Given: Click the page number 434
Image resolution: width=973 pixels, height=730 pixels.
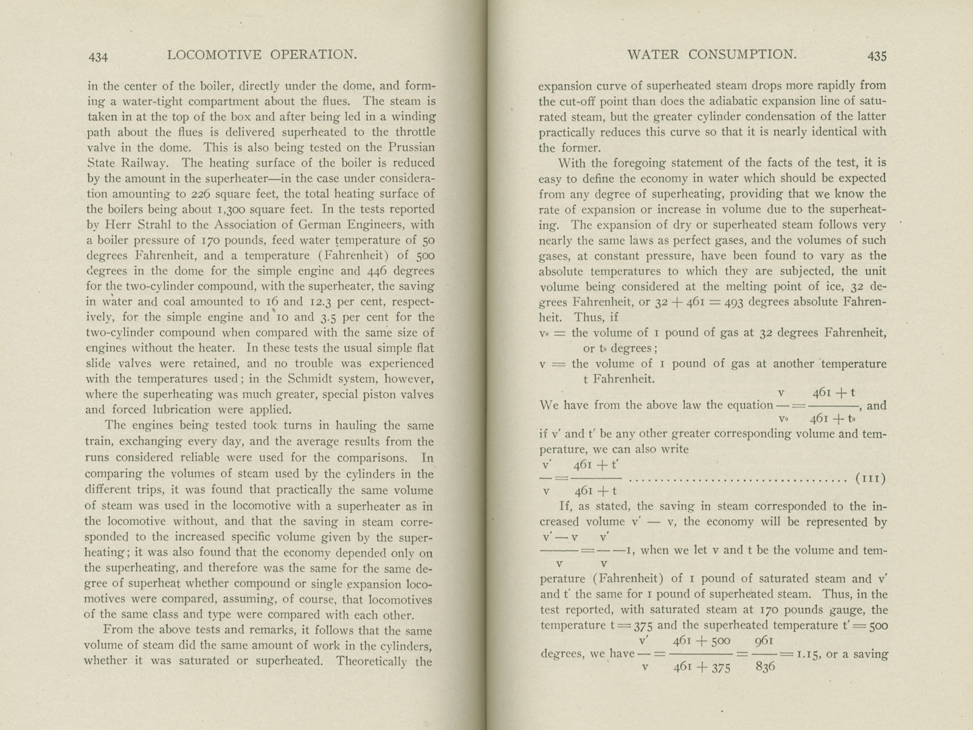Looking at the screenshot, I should (98, 57).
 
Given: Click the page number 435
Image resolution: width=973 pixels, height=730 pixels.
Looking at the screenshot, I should (876, 56).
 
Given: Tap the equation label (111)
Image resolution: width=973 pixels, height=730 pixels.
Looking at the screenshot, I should (870, 478).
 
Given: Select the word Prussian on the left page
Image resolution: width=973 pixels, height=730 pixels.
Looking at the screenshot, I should (409, 147).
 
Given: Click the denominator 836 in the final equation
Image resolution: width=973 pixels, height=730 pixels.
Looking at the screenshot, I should (765, 667).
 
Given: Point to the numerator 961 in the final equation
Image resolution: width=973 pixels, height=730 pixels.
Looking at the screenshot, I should (764, 641).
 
